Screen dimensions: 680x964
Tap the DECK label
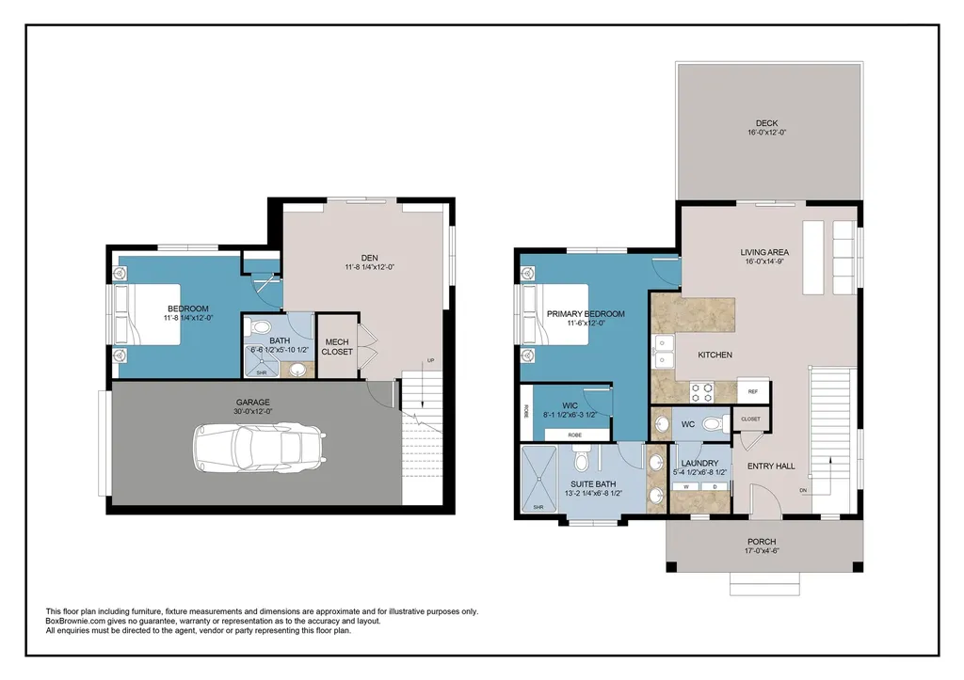pyautogui.click(x=766, y=122)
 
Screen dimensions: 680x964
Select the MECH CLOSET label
pyautogui.click(x=337, y=346)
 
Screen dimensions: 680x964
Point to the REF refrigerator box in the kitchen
pyautogui.click(x=752, y=391)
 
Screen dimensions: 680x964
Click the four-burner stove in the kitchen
pyautogui.click(x=703, y=390)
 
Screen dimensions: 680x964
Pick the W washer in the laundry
pyautogui.click(x=685, y=486)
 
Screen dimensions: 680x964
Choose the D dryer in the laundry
pyautogui.click(x=715, y=486)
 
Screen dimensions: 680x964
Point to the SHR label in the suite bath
pyautogui.click(x=538, y=507)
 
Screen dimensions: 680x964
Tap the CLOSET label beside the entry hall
pyautogui.click(x=750, y=419)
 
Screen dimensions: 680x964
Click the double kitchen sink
pyautogui.click(x=664, y=350)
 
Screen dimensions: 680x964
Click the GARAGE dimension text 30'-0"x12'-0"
pyautogui.click(x=253, y=410)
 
